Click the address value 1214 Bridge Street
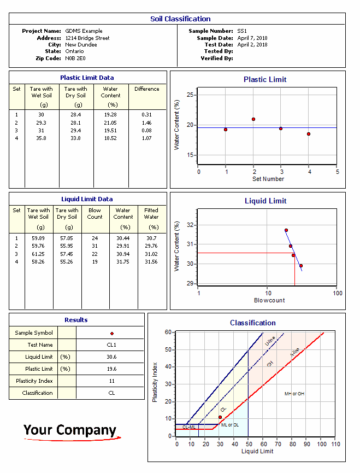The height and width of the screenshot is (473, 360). coord(87,38)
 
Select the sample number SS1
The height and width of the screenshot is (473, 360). coord(241,31)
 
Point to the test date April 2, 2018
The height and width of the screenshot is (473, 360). coord(252,45)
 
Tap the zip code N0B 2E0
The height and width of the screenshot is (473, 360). coord(75,58)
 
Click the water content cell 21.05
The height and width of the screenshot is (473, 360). coord(110,123)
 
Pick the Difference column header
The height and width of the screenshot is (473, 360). coord(146,89)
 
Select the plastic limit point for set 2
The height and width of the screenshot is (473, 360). coord(253,119)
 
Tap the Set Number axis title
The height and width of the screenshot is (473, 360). coord(268,179)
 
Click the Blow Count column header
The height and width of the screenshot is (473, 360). coord(95,213)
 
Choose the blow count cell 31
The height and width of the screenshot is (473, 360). coord(95,246)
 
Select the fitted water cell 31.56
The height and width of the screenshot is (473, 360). coord(151,262)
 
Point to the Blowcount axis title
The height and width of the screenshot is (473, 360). coord(269,300)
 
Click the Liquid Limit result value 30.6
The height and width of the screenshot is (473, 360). coord(111,357)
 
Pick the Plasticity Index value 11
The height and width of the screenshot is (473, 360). coord(111,381)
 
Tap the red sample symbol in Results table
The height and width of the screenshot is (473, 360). coord(111,333)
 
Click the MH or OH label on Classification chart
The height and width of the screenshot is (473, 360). coord(294,394)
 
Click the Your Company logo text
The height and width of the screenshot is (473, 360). coord(70,430)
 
